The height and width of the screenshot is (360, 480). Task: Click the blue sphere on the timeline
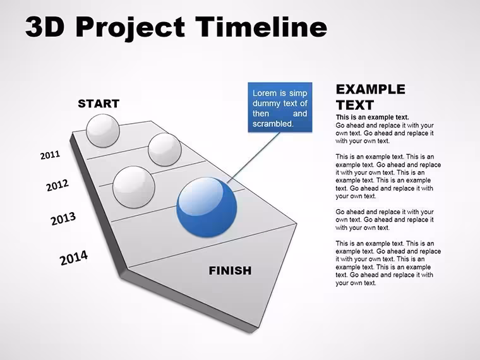tap(207, 207)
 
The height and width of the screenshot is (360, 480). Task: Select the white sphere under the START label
tap(103, 131)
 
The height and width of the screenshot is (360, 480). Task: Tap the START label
tap(99, 104)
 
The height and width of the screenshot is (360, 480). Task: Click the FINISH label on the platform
tap(230, 270)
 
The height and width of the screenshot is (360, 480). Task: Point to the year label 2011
tap(50, 155)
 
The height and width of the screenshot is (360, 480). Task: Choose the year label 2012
tap(57, 185)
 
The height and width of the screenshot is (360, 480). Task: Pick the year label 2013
tap(63, 219)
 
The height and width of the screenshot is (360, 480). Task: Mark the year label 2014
tap(74, 258)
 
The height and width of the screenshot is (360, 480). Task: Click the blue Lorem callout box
tap(280, 107)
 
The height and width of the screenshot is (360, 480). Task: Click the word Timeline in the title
tap(261, 27)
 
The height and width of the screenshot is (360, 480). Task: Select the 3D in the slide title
tap(45, 27)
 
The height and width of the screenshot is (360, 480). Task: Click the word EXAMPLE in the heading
tap(370, 90)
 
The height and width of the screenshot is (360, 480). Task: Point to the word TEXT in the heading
tap(355, 105)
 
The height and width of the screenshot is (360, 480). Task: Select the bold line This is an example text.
tap(372, 117)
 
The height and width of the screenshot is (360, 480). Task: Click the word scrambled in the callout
tap(273, 124)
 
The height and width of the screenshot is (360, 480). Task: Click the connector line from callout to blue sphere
tap(253, 158)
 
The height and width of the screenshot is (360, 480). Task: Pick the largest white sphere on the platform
tap(134, 187)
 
